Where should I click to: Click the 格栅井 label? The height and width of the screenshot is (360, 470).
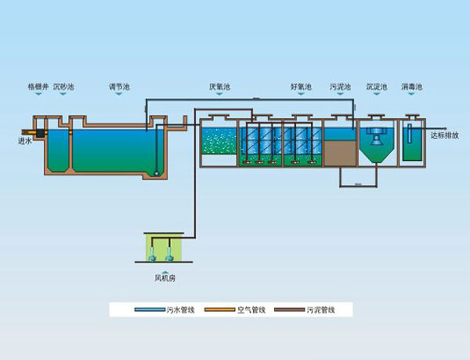click(38, 86)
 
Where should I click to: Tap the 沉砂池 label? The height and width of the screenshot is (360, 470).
click(63, 86)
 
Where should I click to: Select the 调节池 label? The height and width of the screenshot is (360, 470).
click(119, 86)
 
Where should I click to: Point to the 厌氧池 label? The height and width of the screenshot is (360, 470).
click(219, 86)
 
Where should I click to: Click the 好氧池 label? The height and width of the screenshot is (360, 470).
click(301, 86)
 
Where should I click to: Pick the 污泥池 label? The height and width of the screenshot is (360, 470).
click(340, 86)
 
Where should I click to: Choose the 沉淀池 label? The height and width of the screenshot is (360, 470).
click(377, 86)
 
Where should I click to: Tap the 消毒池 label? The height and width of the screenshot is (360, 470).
click(412, 86)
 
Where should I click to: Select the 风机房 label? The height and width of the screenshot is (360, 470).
click(165, 278)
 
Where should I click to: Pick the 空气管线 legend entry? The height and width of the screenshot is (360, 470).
click(251, 309)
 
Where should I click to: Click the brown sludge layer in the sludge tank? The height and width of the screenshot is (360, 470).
click(339, 153)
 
